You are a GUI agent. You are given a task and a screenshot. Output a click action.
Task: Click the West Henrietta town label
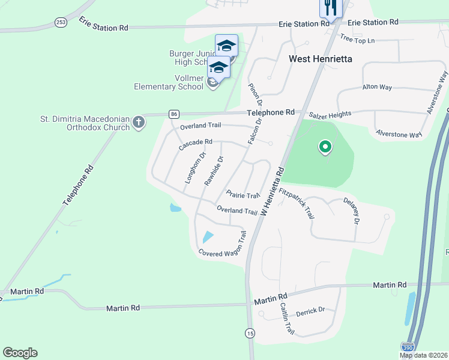tap(320, 59)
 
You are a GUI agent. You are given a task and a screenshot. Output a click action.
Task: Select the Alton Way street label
tap(377, 87)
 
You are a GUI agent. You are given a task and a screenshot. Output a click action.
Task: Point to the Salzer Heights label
tap(330, 114)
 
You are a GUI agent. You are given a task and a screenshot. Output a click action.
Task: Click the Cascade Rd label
tap(196, 145)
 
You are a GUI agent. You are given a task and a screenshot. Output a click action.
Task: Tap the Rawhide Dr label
tap(214, 170)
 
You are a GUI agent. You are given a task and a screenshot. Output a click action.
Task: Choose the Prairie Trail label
tap(243, 194)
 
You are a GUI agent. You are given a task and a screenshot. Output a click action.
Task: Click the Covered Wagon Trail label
tap(223, 245)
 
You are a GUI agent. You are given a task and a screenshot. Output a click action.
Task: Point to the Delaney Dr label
tap(351, 211)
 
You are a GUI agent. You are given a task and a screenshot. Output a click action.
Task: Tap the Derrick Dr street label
tap(310, 310)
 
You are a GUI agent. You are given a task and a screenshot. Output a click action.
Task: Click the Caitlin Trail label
tap(287, 318)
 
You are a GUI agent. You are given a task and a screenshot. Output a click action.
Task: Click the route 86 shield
tap(174, 114)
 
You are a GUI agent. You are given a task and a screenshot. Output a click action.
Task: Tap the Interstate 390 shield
tap(408, 347)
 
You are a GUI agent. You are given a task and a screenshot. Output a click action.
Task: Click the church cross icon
tap(139, 122)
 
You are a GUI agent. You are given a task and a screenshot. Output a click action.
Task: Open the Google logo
tap(20, 353)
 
